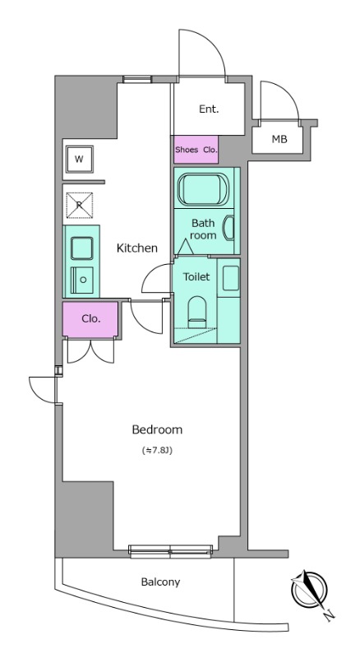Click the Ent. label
pyautogui.click(x=209, y=109)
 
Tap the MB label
pyautogui.click(x=279, y=139)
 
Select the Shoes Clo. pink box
pyautogui.click(x=196, y=150)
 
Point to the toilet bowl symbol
pyautogui.click(x=197, y=312)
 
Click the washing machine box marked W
pyautogui.click(x=79, y=160)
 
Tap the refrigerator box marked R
pyautogui.click(x=79, y=205)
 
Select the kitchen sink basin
pyautogui.click(x=82, y=248)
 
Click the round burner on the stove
pyautogui.click(x=84, y=280)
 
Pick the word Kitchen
pyautogui.click(x=136, y=248)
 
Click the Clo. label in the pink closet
pyautogui.click(x=91, y=318)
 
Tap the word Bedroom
pyautogui.click(x=157, y=429)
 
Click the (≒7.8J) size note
pyautogui.click(x=157, y=451)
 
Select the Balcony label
pyautogui.click(x=160, y=582)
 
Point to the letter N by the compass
pyautogui.click(x=330, y=615)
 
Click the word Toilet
pyautogui.click(x=196, y=277)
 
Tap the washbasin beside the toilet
pyautogui.click(x=231, y=278)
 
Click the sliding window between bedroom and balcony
pyautogui.click(x=170, y=551)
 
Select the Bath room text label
pyautogui.click(x=204, y=229)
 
